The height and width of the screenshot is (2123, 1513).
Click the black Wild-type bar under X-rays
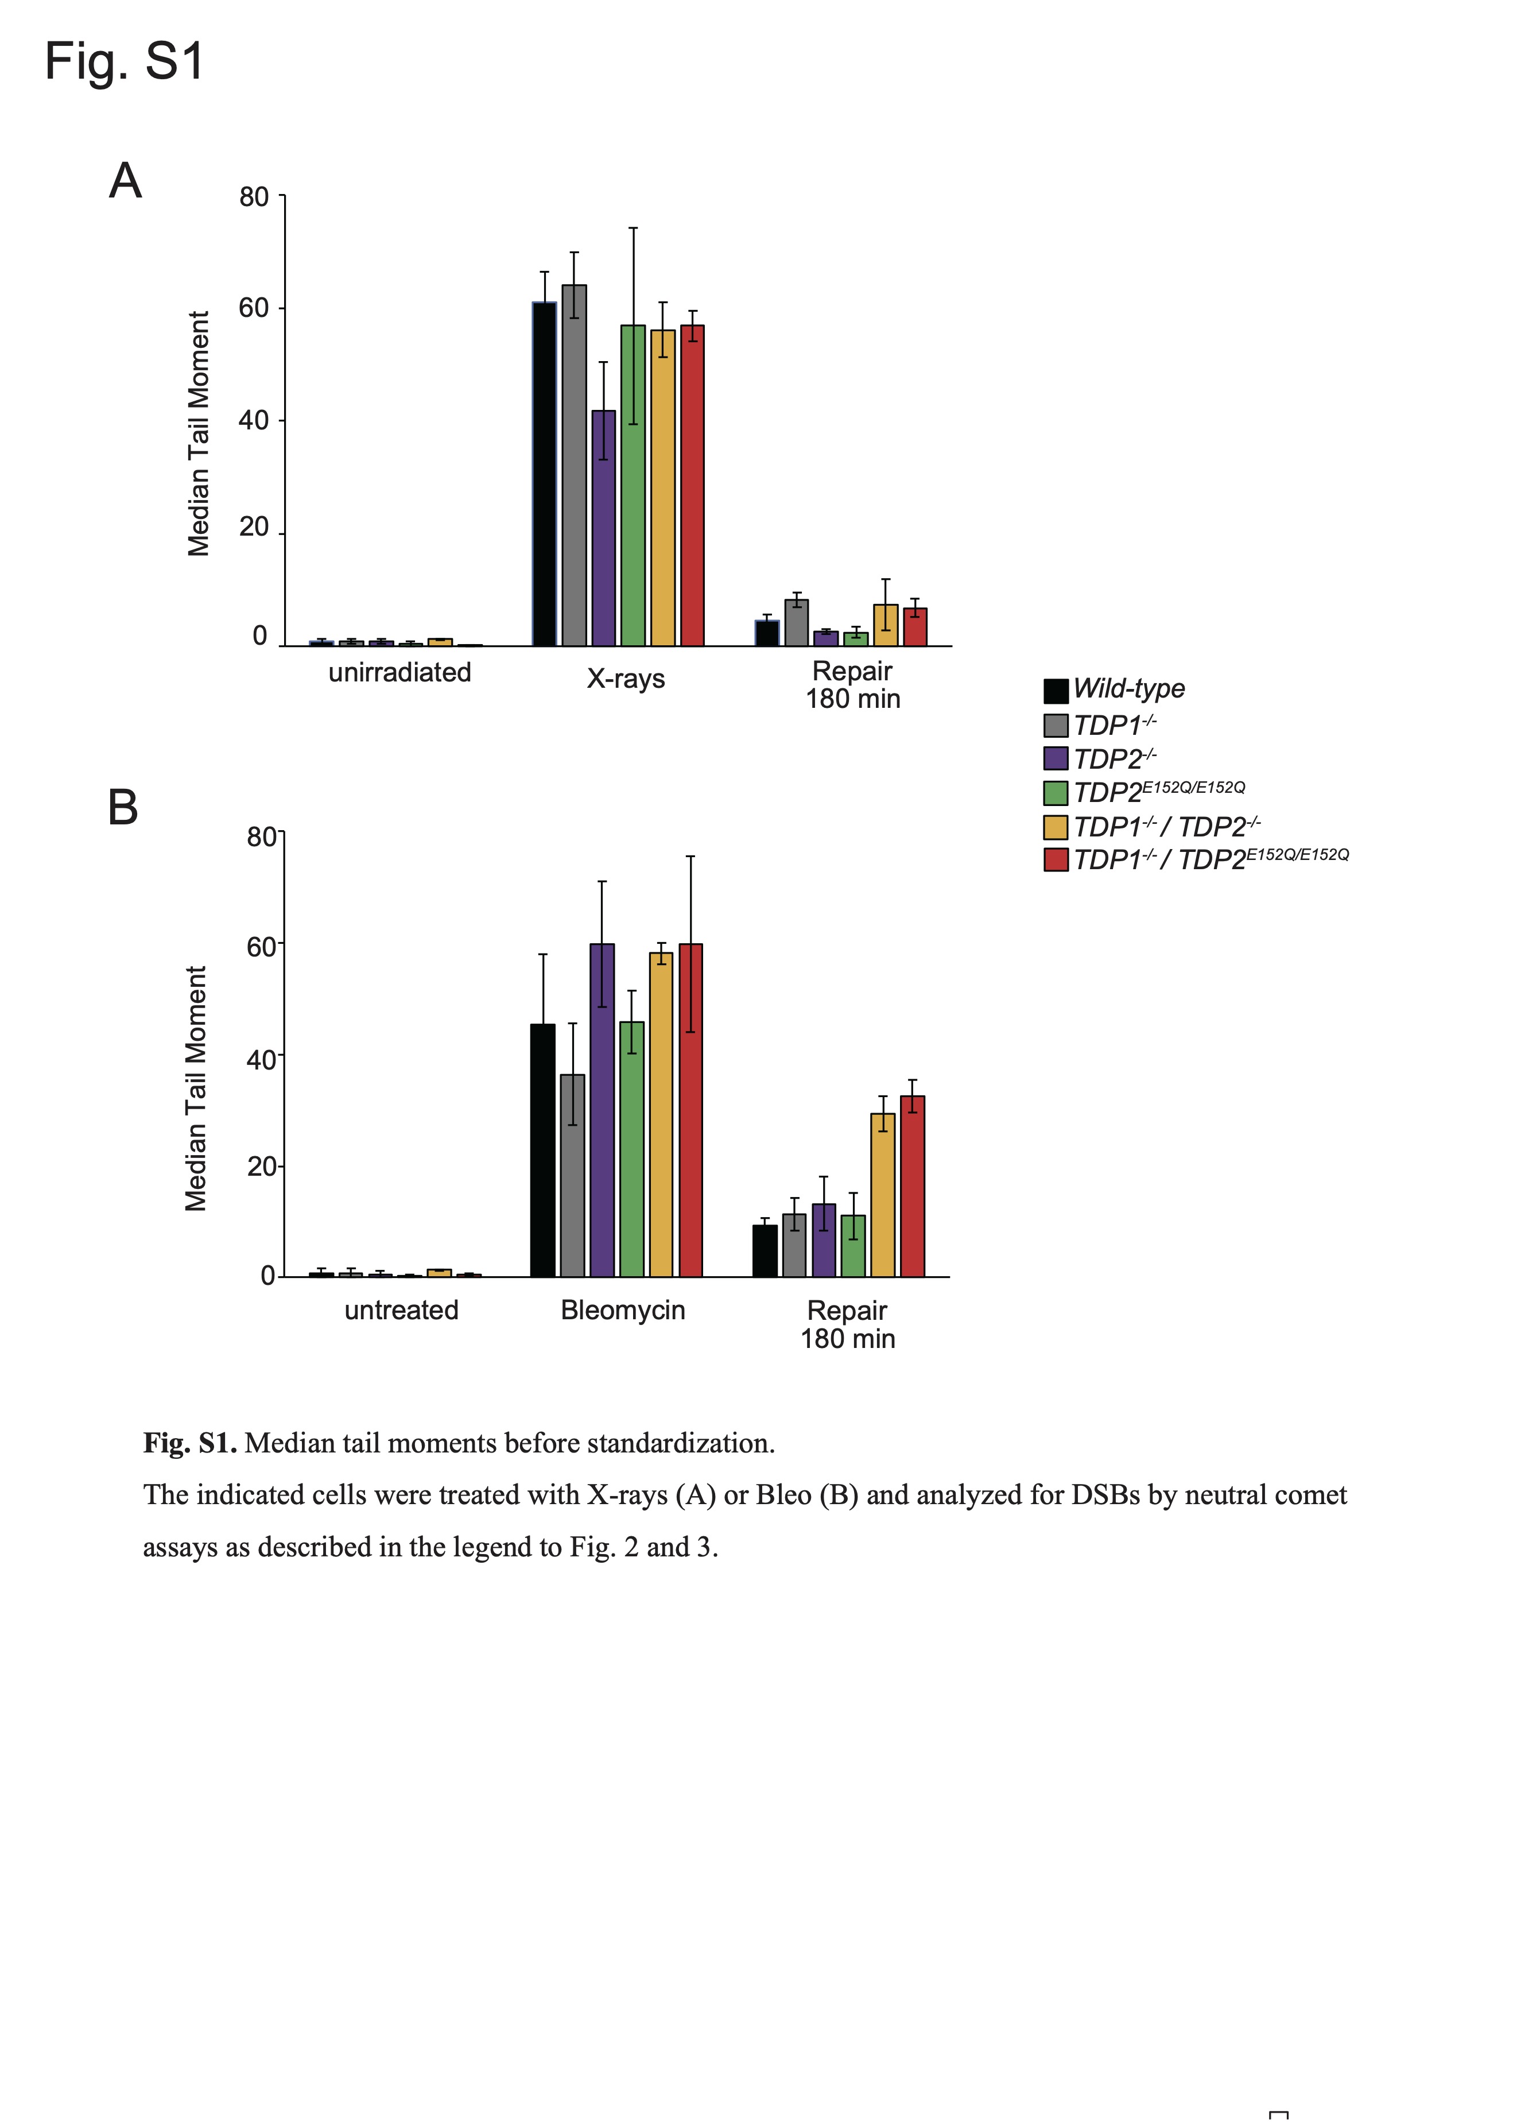pos(544,474)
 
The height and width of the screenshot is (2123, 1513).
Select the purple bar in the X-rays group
pos(604,528)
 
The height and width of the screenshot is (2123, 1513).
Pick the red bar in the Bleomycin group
pos(690,1110)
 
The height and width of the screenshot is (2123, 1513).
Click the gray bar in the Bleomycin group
pos(572,1175)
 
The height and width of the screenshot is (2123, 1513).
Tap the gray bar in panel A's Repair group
pos(797,622)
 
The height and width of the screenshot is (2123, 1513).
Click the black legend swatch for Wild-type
pos(1056,691)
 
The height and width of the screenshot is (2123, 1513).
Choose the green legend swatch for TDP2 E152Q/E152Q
pos(1056,793)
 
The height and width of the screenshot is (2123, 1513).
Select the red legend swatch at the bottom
pos(1056,859)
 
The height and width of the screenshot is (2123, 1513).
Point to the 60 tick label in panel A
pos(253,308)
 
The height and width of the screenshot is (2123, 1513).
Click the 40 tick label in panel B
pos(261,1059)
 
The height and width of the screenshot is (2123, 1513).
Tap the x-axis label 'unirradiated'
pos(399,672)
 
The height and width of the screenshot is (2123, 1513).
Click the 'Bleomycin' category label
pos(622,1310)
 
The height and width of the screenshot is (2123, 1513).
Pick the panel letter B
pos(123,807)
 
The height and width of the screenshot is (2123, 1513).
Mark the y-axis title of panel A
pos(199,433)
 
